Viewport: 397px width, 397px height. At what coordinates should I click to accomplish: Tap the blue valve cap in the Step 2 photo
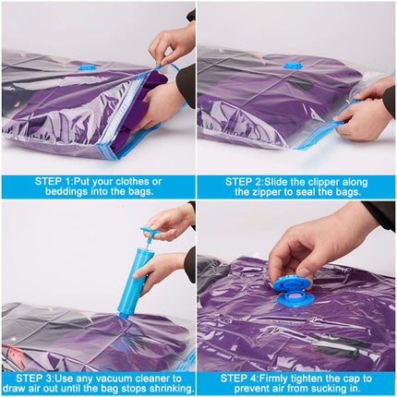(x=293, y=65)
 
